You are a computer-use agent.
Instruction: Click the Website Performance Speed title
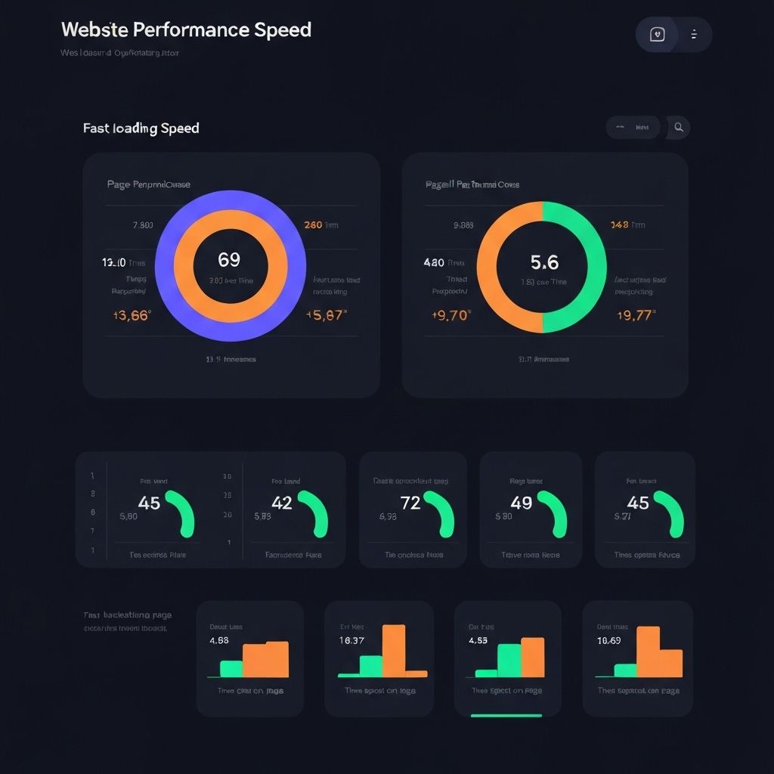click(x=186, y=30)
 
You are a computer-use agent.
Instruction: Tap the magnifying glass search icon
click(x=679, y=128)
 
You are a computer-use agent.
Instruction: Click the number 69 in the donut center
click(x=229, y=260)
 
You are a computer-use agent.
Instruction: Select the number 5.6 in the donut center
click(x=544, y=262)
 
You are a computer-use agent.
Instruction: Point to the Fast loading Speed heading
click(x=141, y=128)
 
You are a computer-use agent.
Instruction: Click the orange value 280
click(x=313, y=224)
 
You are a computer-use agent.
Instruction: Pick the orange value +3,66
click(x=131, y=315)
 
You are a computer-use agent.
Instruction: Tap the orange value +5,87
click(x=327, y=315)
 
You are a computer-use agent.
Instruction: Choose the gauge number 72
click(x=410, y=503)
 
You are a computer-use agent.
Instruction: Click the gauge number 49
click(x=522, y=503)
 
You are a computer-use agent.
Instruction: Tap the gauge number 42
click(x=281, y=503)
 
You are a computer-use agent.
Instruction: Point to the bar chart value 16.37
click(x=352, y=640)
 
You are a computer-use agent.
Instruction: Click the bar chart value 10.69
click(x=608, y=640)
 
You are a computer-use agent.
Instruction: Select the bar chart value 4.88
click(x=218, y=640)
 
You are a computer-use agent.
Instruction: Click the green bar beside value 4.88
click(x=231, y=668)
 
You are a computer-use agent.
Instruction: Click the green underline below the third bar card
click(x=506, y=715)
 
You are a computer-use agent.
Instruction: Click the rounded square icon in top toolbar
click(x=658, y=35)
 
